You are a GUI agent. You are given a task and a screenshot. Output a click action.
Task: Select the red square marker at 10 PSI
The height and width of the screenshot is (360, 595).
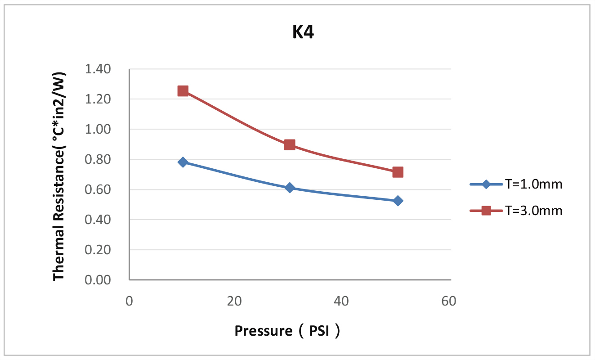coord(183,91)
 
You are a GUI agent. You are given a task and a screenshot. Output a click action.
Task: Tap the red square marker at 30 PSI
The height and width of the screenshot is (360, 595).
coord(290,144)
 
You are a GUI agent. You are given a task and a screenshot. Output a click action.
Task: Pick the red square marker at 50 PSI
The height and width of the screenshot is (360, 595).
coord(398,172)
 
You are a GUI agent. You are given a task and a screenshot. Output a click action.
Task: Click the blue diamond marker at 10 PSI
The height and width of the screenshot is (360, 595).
coord(183,162)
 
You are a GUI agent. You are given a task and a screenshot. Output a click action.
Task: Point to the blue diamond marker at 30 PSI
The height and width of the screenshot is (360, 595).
coord(290,187)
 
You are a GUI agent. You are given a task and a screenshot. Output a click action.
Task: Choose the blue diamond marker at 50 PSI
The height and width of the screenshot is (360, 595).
coord(398,201)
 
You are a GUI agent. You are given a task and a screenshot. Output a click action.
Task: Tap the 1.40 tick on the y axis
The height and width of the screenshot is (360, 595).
coord(98,69)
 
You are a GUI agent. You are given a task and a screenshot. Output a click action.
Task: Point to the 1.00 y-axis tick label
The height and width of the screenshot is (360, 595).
coord(98,129)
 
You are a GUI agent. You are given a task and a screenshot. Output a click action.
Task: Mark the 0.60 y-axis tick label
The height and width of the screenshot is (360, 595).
coord(98,189)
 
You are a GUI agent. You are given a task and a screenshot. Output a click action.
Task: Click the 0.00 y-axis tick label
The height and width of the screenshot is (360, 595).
coord(98,280)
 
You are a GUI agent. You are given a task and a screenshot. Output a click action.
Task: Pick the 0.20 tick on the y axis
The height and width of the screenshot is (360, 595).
coord(98,250)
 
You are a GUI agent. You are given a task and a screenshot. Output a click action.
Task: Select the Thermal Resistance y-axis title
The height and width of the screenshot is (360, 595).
coord(59,175)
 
